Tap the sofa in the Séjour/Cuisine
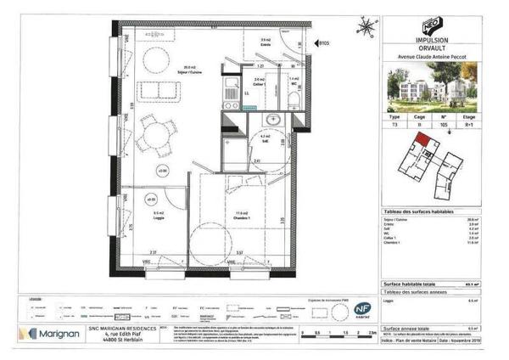click(158, 92)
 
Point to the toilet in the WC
click(293, 98)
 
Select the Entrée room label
click(265, 42)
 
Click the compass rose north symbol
click(366, 27)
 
